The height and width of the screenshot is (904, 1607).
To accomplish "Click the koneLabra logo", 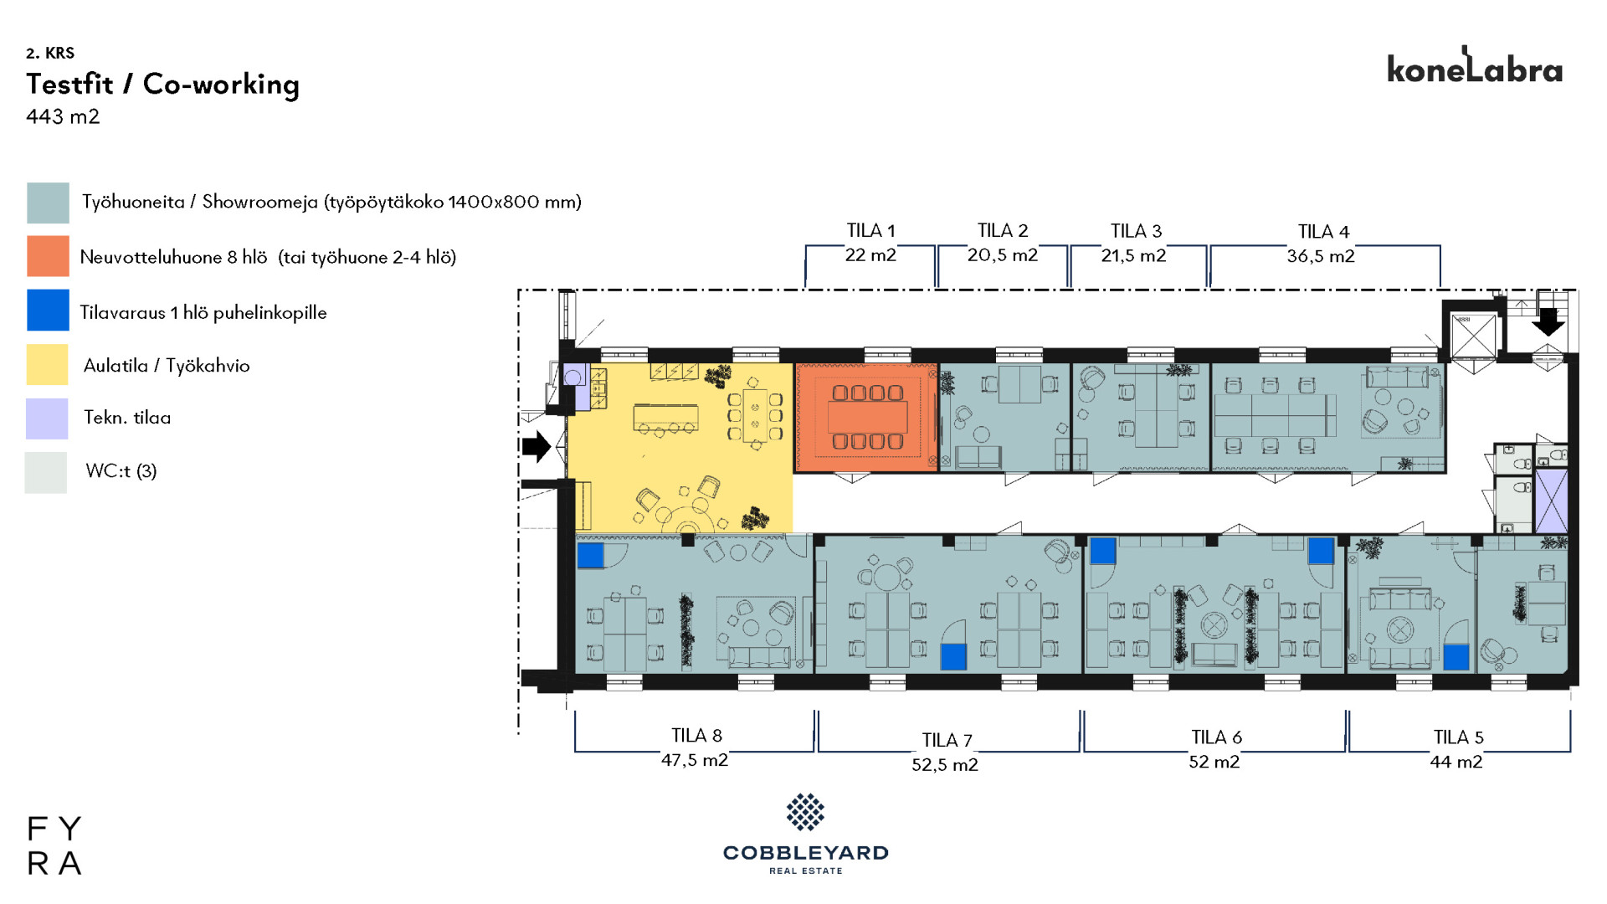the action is (x=1475, y=65).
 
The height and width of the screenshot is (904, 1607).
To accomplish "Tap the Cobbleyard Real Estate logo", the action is (x=805, y=834).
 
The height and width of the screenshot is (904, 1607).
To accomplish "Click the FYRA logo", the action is (x=54, y=845).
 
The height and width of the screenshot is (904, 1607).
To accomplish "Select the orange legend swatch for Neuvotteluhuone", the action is (x=48, y=256).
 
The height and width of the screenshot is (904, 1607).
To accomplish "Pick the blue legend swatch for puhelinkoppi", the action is (x=48, y=310).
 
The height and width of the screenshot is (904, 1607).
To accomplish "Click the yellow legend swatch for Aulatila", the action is (x=48, y=364).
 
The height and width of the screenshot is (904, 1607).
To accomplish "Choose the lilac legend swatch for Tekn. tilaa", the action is (x=47, y=419).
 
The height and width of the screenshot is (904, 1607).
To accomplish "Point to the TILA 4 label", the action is (x=1323, y=232).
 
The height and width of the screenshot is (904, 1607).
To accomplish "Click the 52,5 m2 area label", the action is (x=945, y=765).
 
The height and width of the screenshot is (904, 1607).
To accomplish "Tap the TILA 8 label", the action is (x=696, y=736).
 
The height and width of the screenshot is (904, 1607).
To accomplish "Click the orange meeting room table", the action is (x=867, y=417).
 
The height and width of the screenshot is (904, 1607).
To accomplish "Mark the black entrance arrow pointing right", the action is (x=537, y=446).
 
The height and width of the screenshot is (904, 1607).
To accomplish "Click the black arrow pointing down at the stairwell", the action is (x=1548, y=322).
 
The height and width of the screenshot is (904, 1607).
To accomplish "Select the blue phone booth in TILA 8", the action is (x=590, y=555).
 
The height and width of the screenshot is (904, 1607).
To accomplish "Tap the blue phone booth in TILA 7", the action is (x=953, y=656).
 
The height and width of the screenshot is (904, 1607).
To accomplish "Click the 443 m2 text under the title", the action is (x=63, y=116).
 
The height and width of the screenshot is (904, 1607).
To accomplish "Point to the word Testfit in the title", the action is (x=69, y=84).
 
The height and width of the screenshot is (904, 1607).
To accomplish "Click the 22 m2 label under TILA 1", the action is (x=870, y=255).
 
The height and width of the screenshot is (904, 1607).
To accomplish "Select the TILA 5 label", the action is (x=1458, y=737).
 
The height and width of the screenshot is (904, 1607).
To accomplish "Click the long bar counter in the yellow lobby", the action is (x=665, y=416).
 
